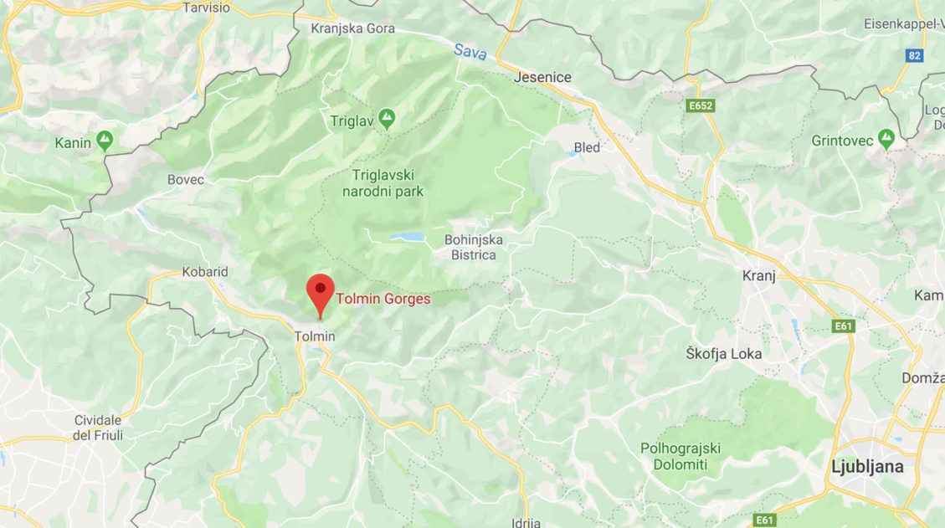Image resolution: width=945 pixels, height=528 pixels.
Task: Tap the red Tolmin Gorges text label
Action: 383,299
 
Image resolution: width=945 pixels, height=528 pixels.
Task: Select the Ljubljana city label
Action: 867,467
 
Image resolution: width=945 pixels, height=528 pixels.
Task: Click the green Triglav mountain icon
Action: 386,120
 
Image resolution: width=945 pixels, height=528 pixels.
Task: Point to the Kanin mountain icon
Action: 105,141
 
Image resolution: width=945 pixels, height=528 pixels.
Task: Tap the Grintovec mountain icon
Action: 886,140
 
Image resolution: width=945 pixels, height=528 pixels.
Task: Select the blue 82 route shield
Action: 915,55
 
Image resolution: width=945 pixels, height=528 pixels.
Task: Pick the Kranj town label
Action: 759,275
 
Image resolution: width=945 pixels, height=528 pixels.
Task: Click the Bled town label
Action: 587,147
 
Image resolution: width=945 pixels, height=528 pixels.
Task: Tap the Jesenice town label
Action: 543,77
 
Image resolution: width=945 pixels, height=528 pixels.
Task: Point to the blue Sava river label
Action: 470,50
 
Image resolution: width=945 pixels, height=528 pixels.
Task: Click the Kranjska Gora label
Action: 352,28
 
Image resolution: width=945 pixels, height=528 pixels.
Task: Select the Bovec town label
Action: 185,179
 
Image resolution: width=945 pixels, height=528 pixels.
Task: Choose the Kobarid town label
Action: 205,272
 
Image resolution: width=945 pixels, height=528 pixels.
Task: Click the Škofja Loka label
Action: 723,353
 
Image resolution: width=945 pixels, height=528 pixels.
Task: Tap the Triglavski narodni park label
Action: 383,183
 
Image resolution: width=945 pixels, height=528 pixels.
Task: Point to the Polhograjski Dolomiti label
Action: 681,456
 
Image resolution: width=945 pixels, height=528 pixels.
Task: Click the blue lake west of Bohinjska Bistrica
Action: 407,238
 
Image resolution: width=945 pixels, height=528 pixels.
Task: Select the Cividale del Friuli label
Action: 98,428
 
